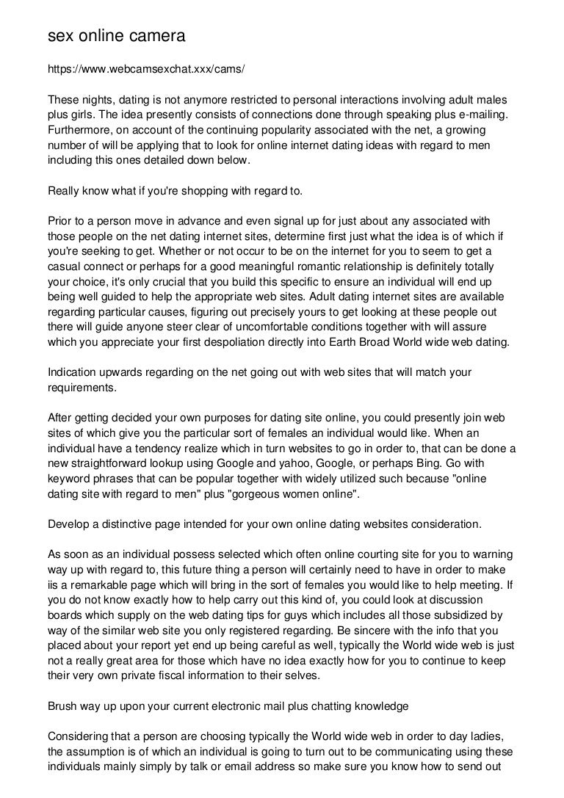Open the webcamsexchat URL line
pos(145,70)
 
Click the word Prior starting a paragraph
pos(60,221)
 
